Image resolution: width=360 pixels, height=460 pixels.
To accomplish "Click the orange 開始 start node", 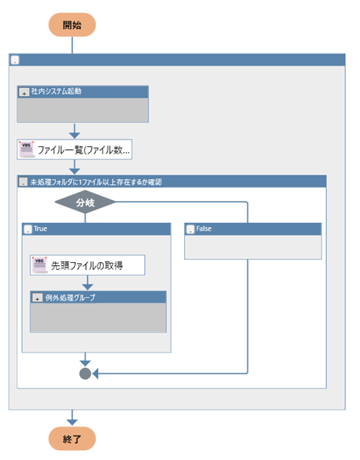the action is pos(72,25).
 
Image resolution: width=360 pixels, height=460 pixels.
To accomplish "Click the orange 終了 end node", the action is pos(72,439).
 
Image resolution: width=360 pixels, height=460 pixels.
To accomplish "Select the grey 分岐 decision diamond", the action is pos(85,202).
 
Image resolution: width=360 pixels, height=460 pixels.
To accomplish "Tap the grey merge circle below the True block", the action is pos(85,373).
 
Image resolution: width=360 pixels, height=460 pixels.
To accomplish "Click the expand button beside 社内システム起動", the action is pos(24,92).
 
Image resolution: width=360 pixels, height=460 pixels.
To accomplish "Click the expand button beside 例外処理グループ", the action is pos(37,298).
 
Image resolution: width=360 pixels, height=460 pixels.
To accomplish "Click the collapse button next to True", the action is pos(28,229).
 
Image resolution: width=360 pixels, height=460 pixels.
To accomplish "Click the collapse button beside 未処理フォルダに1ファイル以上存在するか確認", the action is pos(23,182).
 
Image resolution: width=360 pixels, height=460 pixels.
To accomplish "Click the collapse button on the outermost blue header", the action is pos(15,60).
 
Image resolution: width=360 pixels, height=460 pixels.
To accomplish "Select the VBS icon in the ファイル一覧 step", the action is pos(27,149).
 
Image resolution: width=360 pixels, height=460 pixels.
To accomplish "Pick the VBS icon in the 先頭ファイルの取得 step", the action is pos(40,265).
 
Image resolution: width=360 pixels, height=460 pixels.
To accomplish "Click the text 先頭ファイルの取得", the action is pos(87,266).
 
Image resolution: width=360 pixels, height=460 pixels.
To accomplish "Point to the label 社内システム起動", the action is pos(56,91).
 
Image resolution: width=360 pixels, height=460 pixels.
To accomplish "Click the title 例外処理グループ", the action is pos(71,298).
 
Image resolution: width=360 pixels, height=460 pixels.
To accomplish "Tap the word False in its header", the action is pos(204,229).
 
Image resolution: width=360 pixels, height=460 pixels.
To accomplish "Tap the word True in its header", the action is pos(40,229).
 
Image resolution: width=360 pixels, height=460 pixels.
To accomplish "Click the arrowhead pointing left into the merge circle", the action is pos(95,373).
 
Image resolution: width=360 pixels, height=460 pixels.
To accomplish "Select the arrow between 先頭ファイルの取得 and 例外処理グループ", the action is pos(87,283).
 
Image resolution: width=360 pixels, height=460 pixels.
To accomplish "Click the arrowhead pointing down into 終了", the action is pos(72,422).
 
